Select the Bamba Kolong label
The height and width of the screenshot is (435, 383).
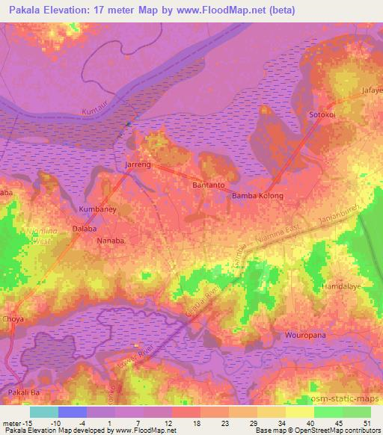click(257, 196)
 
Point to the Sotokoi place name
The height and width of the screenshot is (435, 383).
click(322, 114)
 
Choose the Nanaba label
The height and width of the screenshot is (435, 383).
click(110, 241)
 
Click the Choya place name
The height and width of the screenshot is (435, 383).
click(13, 318)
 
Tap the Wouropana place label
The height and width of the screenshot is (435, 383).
click(305, 336)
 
